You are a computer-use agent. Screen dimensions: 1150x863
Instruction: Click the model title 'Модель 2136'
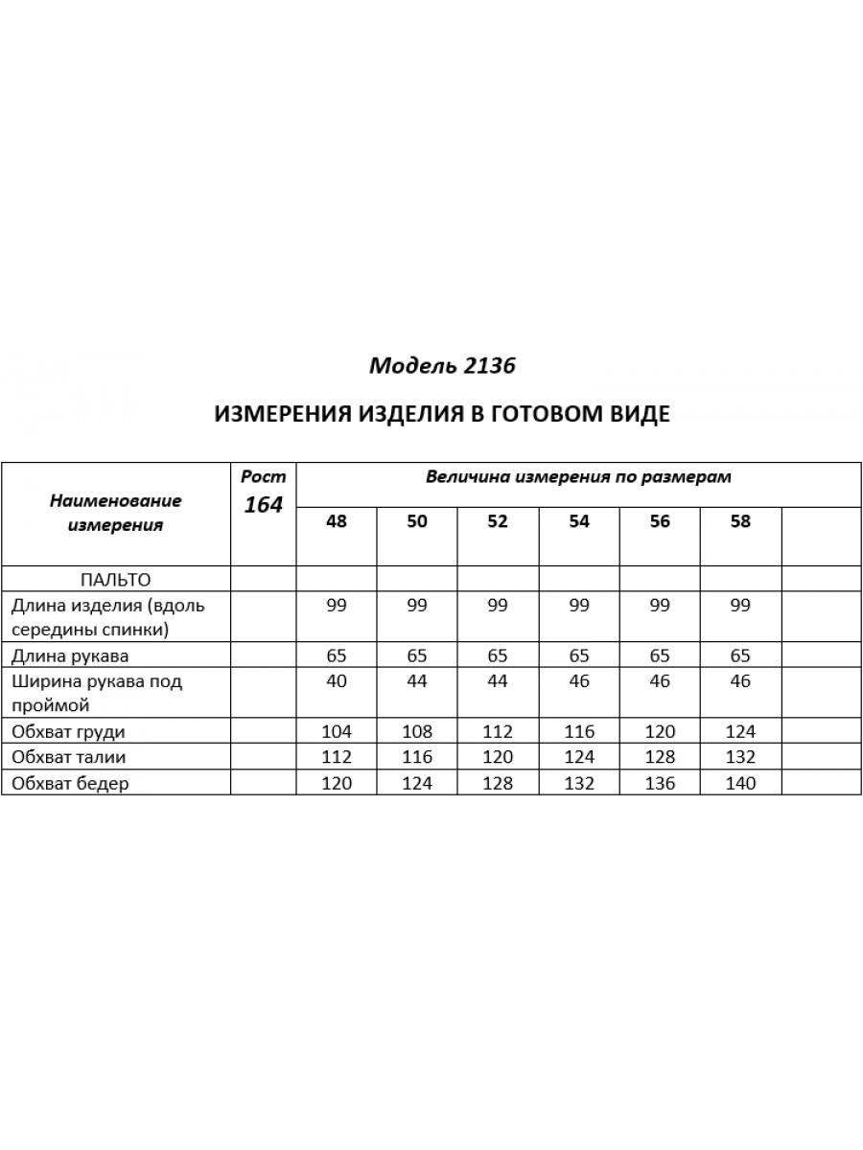(442, 365)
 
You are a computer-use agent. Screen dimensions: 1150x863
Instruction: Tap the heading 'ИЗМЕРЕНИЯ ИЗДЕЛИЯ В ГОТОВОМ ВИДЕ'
(441, 413)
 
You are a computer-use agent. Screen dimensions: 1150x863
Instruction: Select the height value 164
(263, 505)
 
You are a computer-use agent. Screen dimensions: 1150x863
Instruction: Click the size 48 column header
(337, 522)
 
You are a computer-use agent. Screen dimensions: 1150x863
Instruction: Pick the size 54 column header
(579, 522)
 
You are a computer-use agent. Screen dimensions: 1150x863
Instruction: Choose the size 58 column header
(740, 522)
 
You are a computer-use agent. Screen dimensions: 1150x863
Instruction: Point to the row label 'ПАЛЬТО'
(115, 579)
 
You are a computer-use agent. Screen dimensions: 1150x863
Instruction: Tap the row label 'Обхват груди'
(68, 731)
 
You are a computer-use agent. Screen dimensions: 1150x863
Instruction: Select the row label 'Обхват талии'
(68, 757)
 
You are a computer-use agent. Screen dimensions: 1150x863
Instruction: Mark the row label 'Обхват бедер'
(69, 783)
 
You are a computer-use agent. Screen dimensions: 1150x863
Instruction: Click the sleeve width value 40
(337, 682)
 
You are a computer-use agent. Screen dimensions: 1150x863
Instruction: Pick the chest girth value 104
(337, 731)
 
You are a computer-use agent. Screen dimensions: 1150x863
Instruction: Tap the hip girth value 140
(740, 783)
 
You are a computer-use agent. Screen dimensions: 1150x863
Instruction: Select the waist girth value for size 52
(498, 757)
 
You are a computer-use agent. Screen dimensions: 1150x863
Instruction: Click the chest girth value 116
(579, 731)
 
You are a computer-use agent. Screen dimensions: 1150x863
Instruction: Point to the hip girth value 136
(660, 783)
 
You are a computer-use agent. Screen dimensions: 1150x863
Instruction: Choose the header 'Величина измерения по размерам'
(578, 477)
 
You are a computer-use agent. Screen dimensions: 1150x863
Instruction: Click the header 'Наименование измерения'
(115, 513)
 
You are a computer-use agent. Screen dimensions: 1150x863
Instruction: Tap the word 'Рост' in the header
(263, 476)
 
